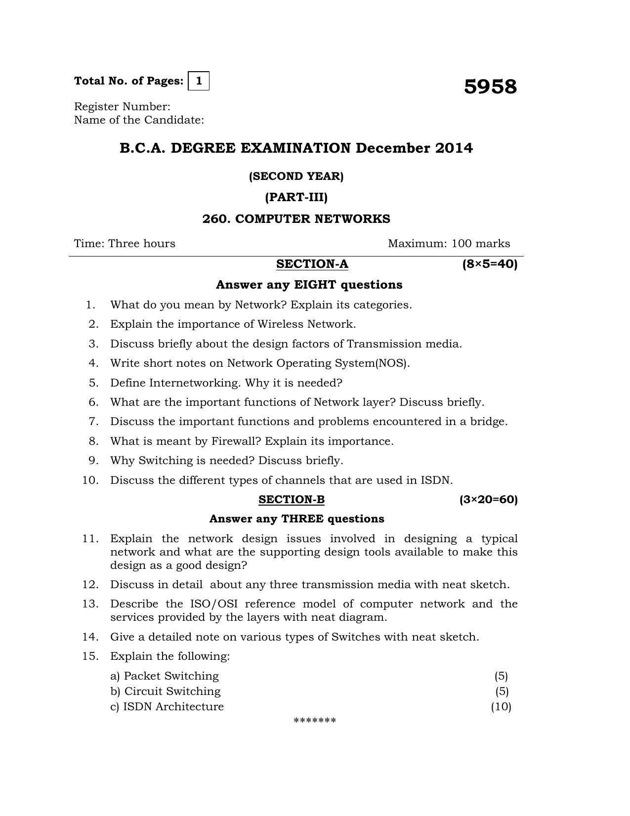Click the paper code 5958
(490, 86)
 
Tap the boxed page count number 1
(199, 81)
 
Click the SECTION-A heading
(312, 264)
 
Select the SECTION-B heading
(292, 500)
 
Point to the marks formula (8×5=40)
(490, 264)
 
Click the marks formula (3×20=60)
(488, 500)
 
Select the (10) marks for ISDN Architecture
(501, 706)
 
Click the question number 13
(90, 604)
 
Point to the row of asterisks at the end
(315, 721)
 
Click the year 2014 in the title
(454, 148)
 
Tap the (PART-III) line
(296, 197)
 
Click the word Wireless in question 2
(280, 324)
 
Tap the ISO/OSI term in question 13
(214, 604)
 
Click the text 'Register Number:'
(122, 107)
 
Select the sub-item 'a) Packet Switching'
(164, 676)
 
